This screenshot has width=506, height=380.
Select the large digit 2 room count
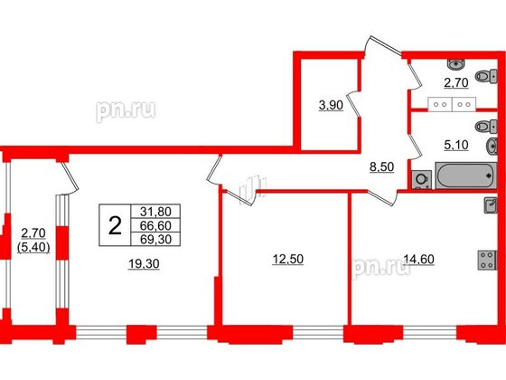click(x=115, y=226)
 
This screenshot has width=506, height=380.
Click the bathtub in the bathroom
click(x=466, y=174)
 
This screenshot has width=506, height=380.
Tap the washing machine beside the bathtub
click(x=421, y=178)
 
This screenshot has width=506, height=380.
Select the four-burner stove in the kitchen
click(x=488, y=261)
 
